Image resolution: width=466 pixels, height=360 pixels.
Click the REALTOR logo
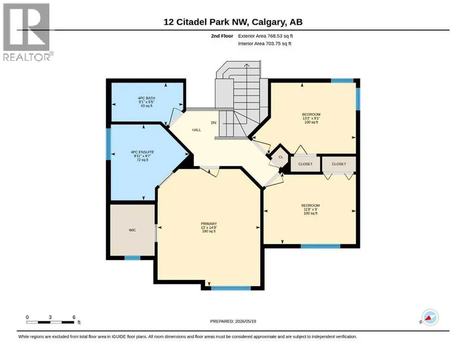[28, 32]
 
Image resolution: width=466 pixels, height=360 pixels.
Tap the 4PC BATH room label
[146, 98]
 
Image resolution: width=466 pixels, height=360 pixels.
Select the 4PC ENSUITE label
[142, 152]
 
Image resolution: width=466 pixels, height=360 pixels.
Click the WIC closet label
[132, 230]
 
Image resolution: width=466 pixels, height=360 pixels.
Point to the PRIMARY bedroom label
[209, 224]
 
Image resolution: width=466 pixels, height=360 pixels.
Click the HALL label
[197, 130]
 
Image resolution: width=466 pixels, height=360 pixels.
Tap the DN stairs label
[214, 122]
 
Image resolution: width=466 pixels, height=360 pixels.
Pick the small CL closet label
[281, 157]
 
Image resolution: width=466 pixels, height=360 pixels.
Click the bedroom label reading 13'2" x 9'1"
[311, 118]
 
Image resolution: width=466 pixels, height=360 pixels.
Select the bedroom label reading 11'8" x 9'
[311, 209]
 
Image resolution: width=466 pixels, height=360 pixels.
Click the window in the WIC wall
[132, 258]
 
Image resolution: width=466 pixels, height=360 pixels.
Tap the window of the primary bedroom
[231, 288]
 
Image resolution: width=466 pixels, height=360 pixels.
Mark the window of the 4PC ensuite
[108, 144]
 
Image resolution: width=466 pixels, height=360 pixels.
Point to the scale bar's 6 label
[74, 317]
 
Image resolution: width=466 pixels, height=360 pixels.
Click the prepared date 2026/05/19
[246, 321]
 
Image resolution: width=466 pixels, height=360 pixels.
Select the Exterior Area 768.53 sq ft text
[265, 36]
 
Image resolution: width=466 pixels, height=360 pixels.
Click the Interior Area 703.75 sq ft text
[264, 43]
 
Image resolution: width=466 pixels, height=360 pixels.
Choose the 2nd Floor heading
[222, 36]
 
